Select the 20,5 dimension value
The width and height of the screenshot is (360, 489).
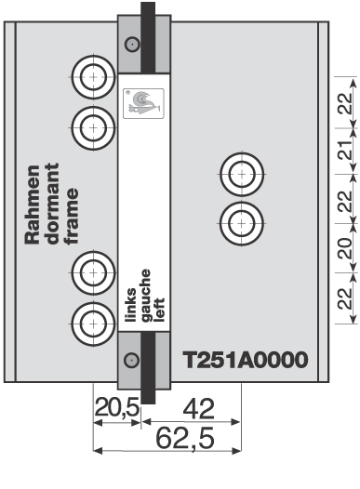115,406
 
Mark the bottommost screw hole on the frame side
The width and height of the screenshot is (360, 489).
92,323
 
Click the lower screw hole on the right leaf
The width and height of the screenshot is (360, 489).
242,222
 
